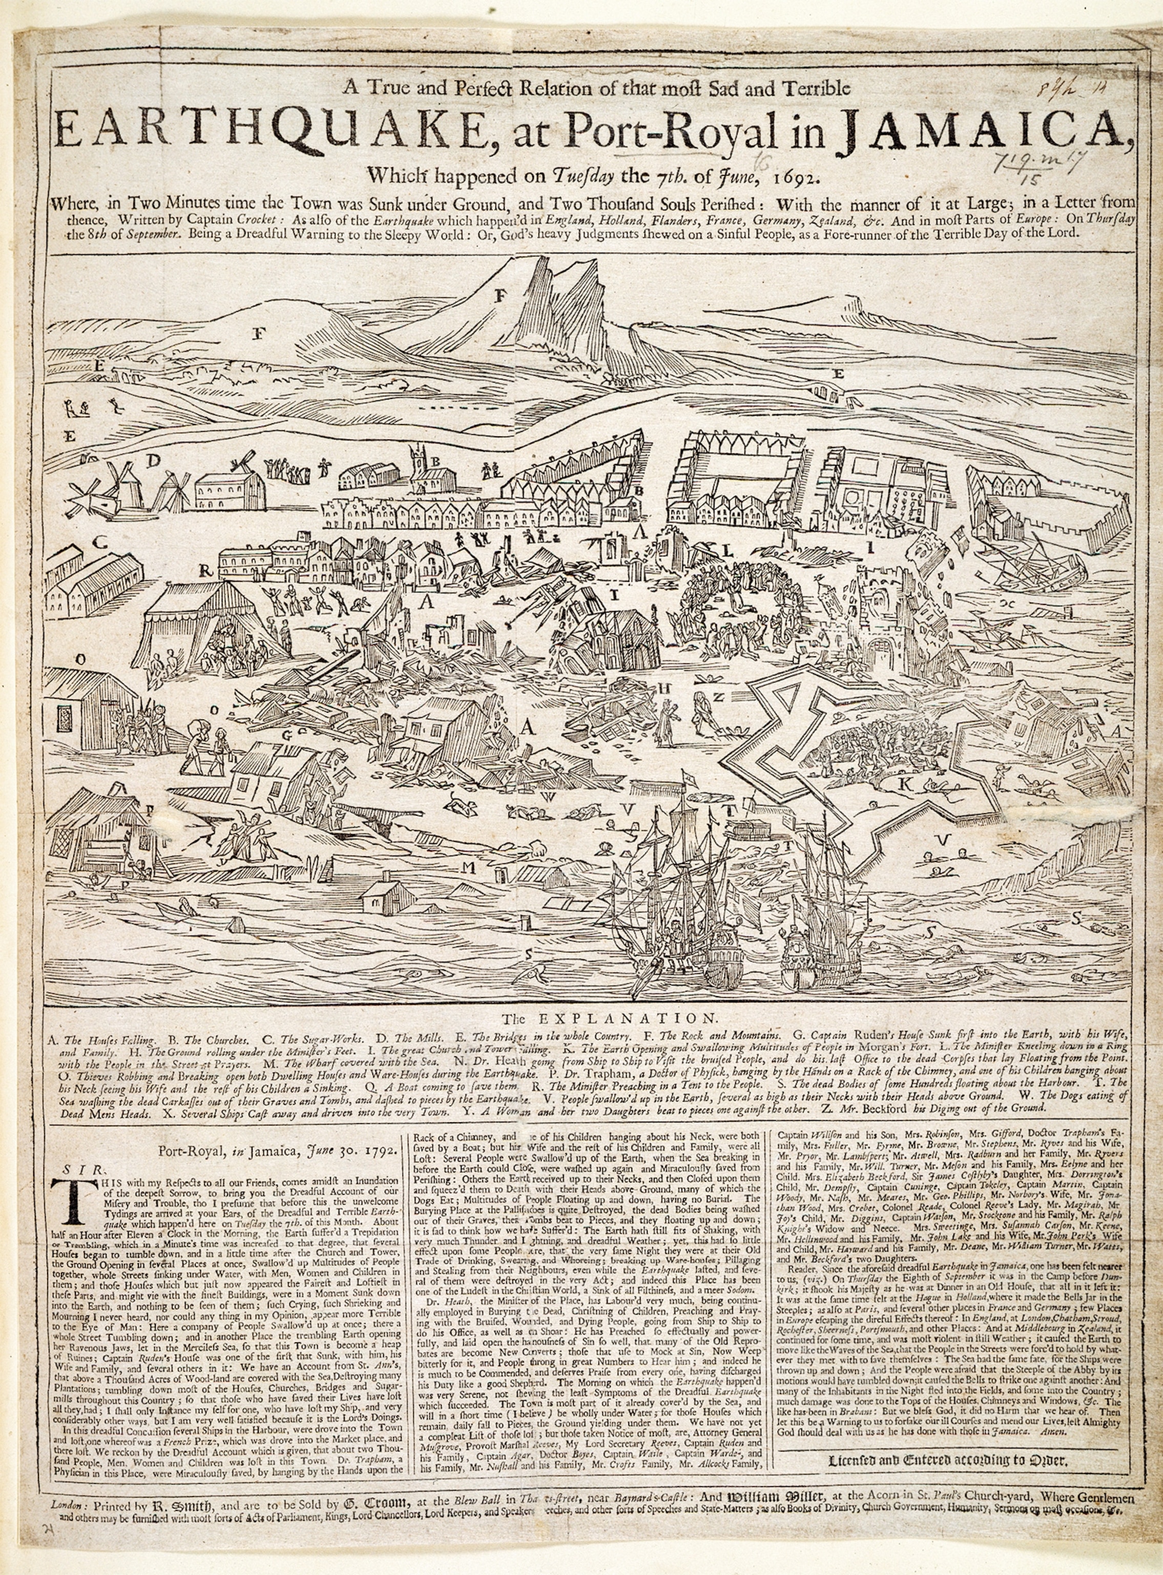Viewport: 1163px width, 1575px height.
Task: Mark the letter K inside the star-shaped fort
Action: pos(905,783)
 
